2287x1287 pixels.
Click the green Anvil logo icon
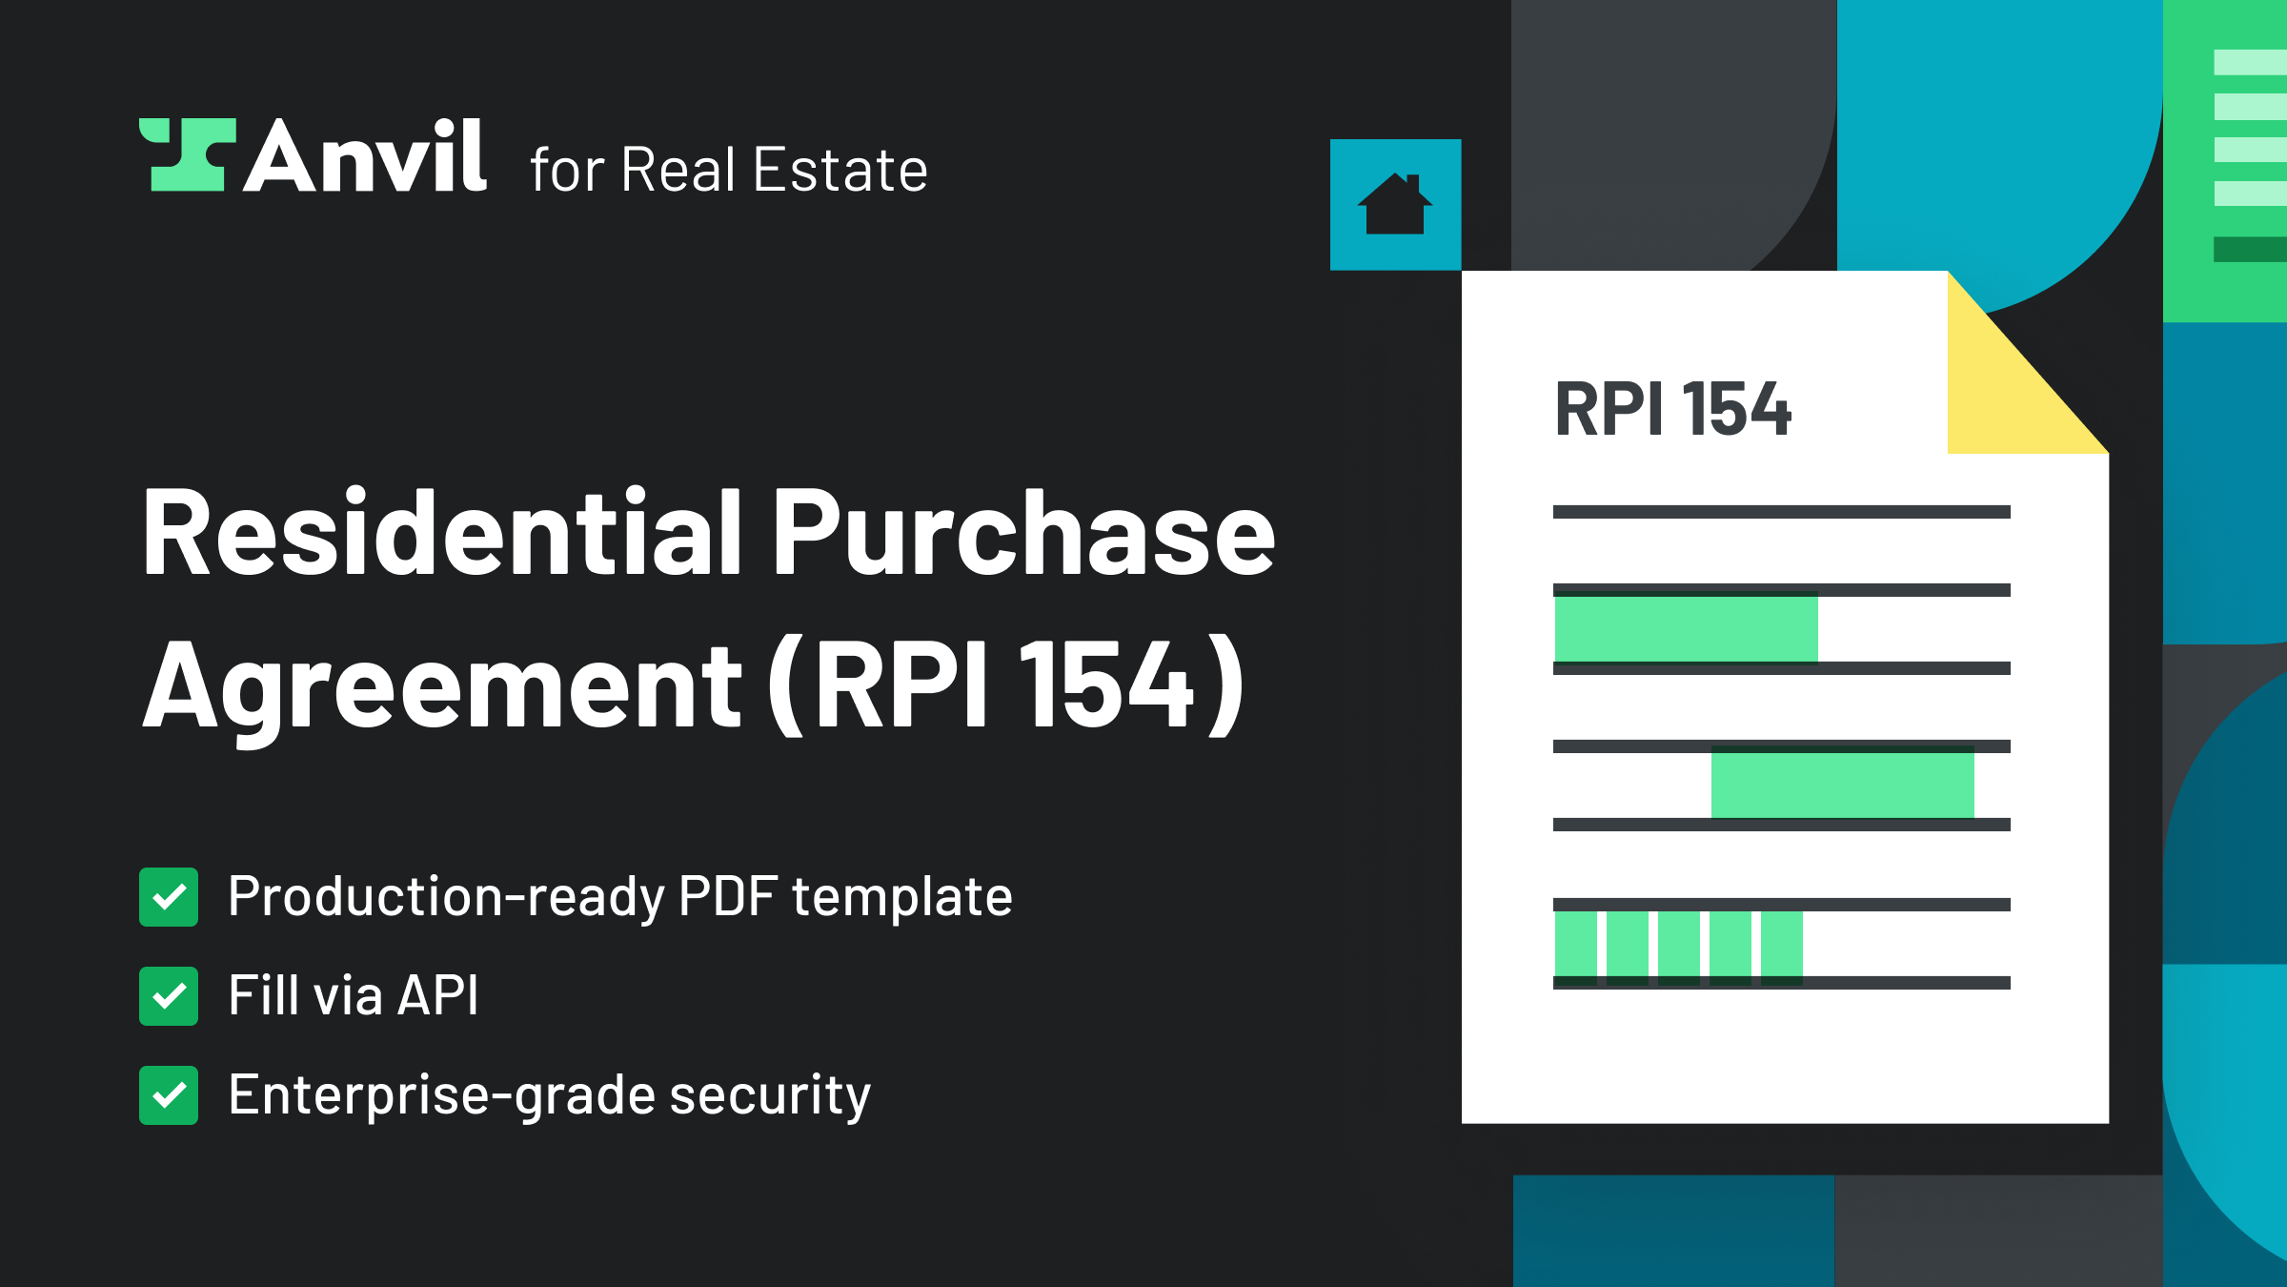coord(187,154)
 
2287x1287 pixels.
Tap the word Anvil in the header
coord(366,156)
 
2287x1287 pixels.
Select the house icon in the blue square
coord(1395,205)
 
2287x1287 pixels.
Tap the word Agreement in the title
coord(442,686)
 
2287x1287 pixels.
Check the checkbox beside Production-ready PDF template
coord(169,897)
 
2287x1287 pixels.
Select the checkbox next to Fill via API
coord(169,996)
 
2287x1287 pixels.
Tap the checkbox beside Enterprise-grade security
coord(169,1095)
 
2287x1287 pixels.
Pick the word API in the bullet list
coord(437,995)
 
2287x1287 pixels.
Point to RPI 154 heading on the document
coord(1672,410)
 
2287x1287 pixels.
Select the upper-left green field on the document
coord(1686,628)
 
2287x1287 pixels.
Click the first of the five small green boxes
coord(1575,944)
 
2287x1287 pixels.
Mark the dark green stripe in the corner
coord(2250,249)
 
